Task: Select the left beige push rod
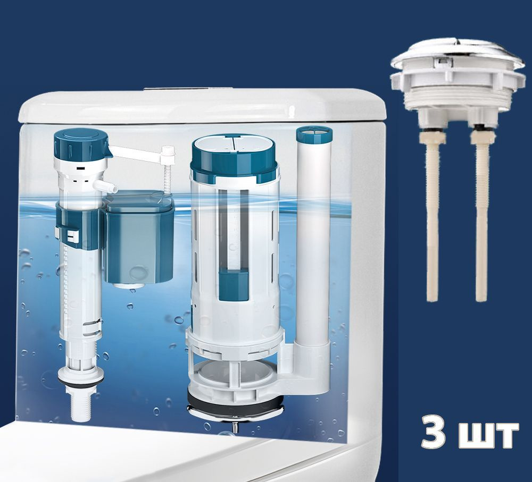pos(432,216)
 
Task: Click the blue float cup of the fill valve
pos(140,239)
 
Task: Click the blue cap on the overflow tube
pos(313,134)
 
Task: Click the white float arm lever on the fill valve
pos(136,152)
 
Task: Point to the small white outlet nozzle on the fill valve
pos(105,185)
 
